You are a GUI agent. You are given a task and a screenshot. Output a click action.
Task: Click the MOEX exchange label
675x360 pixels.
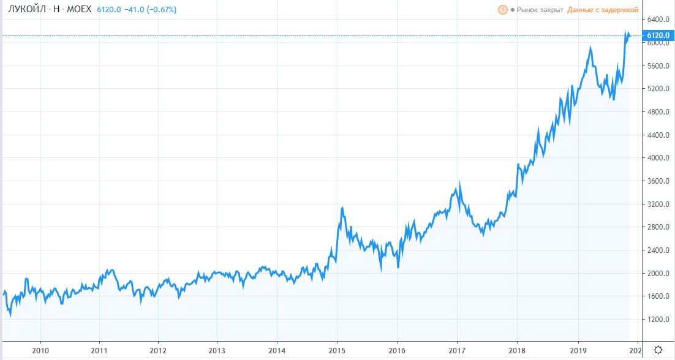pyautogui.click(x=78, y=10)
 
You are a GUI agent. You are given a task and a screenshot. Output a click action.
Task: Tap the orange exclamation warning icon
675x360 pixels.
pyautogui.click(x=503, y=10)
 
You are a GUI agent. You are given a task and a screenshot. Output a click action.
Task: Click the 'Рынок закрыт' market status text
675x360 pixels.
pyautogui.click(x=540, y=10)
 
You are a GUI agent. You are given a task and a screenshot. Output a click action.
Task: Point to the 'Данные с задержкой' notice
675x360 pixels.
pyautogui.click(x=603, y=10)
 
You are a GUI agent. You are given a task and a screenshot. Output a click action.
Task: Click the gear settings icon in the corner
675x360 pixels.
pyautogui.click(x=658, y=350)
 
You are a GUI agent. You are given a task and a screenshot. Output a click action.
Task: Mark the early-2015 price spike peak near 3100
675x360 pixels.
pyautogui.click(x=342, y=208)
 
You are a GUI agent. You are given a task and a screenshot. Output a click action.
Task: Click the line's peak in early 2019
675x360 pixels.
pyautogui.click(x=590, y=47)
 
